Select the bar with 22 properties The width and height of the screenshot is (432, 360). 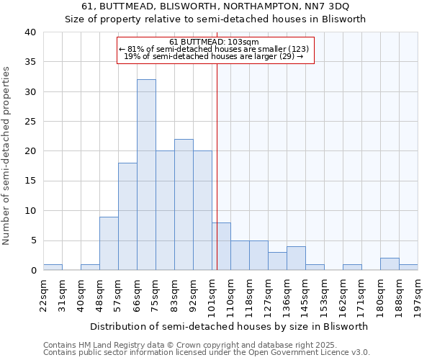(184, 204)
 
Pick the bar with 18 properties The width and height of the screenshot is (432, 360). (127, 217)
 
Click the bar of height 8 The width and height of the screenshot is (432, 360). (221, 246)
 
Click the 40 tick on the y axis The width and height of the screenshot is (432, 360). (30, 32)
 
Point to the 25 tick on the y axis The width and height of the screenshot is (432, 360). (30, 122)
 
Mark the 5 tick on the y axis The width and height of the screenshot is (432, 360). (33, 240)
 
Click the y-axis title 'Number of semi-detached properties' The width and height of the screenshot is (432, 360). (6, 156)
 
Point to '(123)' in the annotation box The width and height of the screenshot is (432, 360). (298, 49)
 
